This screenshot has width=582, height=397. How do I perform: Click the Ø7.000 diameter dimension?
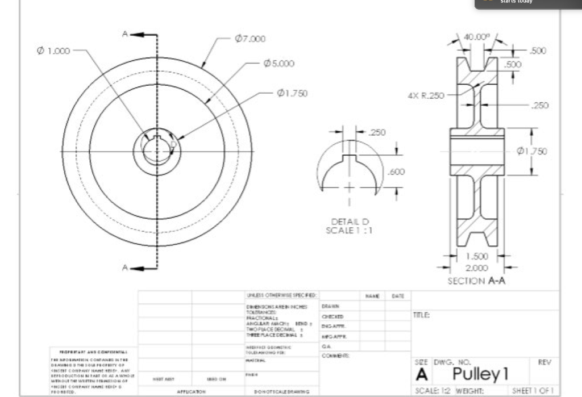pos(250,39)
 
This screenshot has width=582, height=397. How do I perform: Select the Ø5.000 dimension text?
pos(278,63)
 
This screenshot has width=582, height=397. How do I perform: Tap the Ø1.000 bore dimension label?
pos(53,51)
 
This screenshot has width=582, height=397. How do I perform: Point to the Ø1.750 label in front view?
pos(292,93)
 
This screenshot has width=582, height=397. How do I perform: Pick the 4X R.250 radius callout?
pos(426,95)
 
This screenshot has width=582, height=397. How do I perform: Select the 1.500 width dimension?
pos(476,257)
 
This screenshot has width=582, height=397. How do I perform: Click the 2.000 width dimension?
pos(476,268)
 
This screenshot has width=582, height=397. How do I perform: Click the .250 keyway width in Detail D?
pos(377,132)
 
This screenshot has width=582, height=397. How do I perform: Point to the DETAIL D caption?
pos(350,222)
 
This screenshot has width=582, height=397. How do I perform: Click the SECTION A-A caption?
pos(476,281)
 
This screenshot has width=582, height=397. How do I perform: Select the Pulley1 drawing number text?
pos(480,374)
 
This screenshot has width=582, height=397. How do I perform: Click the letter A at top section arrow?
pos(124,34)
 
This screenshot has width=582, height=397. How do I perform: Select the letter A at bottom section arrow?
pos(124,268)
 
